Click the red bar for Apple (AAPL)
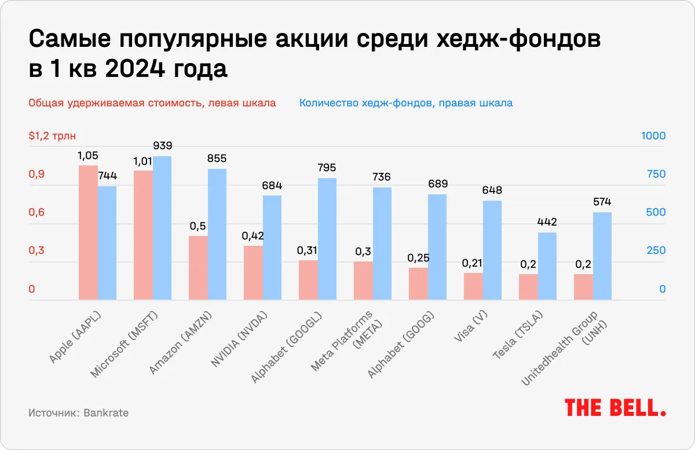[x=88, y=233]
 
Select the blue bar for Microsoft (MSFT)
[x=162, y=228]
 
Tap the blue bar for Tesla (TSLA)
[x=547, y=266]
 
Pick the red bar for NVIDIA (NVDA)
[x=253, y=273]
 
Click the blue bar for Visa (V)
[x=492, y=250]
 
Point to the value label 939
[x=162, y=146]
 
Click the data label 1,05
[x=88, y=156]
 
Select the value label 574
[x=602, y=202]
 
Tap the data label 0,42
[x=253, y=236]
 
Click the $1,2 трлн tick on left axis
[x=52, y=137]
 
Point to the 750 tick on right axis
[x=653, y=175]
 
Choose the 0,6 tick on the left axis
[x=37, y=213]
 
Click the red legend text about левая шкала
[x=152, y=104]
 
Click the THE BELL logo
[x=615, y=407]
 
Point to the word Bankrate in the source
[x=106, y=413]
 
